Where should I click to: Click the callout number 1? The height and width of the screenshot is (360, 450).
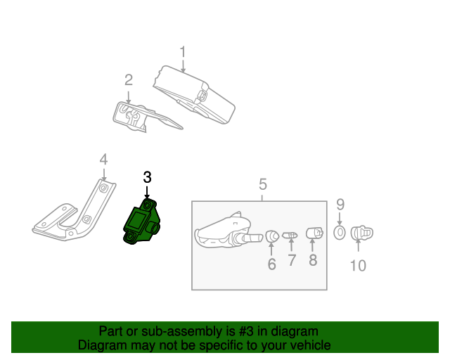183,52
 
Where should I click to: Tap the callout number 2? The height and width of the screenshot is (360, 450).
129,79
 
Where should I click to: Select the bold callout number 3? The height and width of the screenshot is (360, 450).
147,178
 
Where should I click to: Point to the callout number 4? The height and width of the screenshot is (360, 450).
103,160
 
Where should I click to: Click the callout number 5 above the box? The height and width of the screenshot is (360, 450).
262,185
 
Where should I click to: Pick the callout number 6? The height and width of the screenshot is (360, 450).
271,264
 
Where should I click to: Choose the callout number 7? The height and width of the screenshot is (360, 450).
291,261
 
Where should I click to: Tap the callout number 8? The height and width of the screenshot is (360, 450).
313,260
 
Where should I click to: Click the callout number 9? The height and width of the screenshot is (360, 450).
340,205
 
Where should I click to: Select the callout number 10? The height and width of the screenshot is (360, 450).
359,265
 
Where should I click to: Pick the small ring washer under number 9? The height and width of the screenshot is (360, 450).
339,232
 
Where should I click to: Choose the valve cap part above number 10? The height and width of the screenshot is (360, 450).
361,232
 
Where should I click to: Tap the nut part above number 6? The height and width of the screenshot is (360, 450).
271,236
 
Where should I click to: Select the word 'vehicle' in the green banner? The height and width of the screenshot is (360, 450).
310,345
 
